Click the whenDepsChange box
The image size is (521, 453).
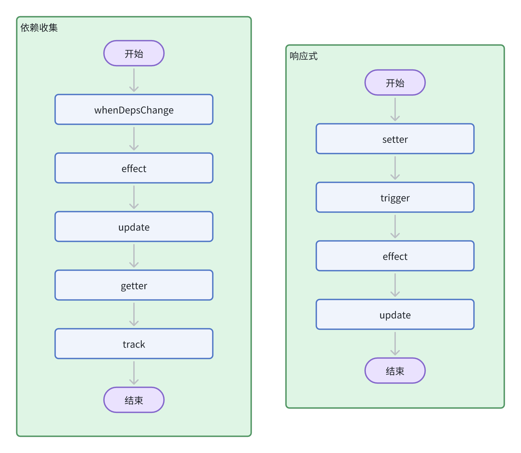[134, 110]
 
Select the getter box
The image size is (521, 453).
[134, 285]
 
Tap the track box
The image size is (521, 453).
[134, 344]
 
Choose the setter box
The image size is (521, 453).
[395, 139]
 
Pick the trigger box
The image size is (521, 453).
[395, 198]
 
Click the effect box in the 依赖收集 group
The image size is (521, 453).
[134, 168]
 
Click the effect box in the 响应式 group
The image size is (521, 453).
[395, 256]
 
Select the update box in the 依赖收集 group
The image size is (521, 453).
[134, 227]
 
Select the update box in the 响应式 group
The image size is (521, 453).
[395, 315]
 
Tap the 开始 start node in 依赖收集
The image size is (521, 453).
[134, 54]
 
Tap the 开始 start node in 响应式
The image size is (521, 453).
[395, 83]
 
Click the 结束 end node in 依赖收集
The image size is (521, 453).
[134, 400]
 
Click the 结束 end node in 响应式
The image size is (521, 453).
[395, 371]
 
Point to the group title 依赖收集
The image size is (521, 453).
[39, 28]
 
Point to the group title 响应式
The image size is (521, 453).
[304, 56]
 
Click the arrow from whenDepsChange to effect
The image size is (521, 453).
[134, 139]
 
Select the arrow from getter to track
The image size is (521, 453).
[134, 314]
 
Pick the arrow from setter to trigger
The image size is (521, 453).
[395, 168]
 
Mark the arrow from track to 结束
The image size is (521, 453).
[134, 373]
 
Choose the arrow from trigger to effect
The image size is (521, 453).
[395, 227]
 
